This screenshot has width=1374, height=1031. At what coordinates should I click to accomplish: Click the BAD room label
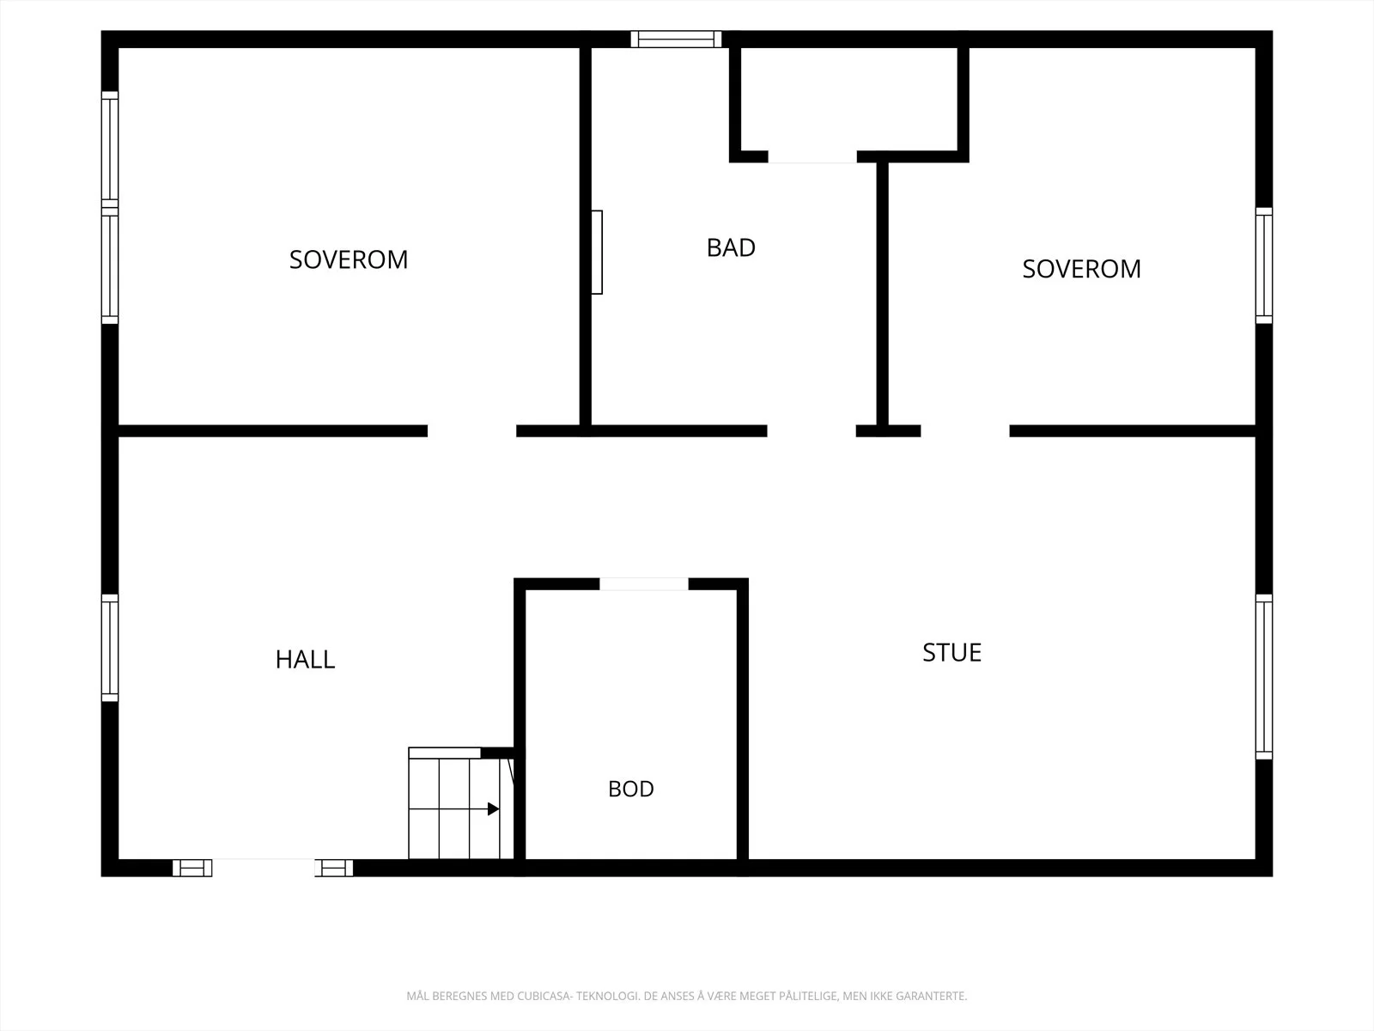tap(731, 248)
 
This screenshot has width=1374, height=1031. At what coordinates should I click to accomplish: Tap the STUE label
tap(951, 653)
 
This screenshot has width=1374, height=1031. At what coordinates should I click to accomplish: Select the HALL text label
tap(305, 660)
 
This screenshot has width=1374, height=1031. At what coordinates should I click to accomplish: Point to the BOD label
tap(631, 789)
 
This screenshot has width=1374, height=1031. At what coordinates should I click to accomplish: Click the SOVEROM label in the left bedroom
tap(348, 259)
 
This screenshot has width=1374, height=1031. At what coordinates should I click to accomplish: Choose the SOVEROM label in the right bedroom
tap(1081, 269)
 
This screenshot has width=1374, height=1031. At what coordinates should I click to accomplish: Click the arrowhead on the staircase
tap(493, 808)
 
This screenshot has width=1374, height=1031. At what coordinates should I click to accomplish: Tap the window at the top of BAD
tap(676, 40)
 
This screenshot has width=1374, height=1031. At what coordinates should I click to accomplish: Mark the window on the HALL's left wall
tap(110, 647)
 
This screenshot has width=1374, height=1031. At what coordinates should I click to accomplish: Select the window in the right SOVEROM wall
tap(1264, 265)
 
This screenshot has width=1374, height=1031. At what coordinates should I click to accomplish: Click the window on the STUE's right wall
tap(1264, 677)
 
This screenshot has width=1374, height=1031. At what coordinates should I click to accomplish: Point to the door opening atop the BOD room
tap(643, 584)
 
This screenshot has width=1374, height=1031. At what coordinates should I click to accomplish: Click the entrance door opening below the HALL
tap(263, 868)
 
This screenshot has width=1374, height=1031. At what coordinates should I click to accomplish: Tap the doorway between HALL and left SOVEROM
tap(472, 430)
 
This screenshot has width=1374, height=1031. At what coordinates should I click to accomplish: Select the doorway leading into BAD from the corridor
tap(812, 430)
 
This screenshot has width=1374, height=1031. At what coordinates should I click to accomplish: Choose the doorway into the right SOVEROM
tap(965, 430)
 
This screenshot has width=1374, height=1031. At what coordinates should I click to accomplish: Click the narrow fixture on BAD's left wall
tap(597, 253)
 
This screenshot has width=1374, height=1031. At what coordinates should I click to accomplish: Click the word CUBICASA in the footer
tap(544, 995)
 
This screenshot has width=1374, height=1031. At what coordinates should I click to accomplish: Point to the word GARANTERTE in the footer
tap(932, 995)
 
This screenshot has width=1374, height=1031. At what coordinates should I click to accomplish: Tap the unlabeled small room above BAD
tap(849, 99)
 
